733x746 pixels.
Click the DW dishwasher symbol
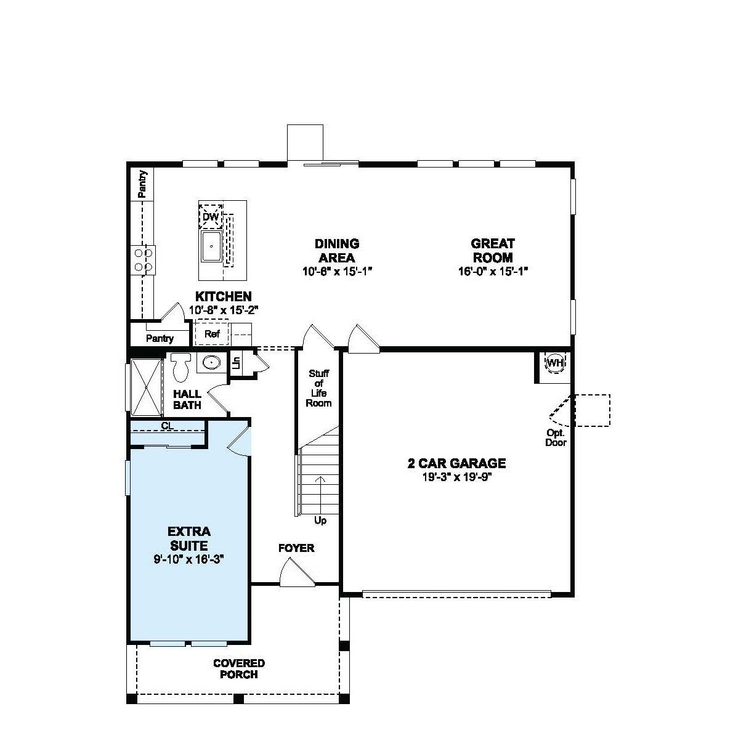coord(211,217)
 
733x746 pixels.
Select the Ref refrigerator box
coord(212,334)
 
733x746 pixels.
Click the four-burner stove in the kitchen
coord(144,259)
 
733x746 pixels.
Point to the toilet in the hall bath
coord(180,368)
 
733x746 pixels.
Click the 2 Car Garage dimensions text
coord(456,476)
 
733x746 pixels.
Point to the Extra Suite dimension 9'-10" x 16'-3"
coord(188,559)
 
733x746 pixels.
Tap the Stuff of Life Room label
coord(318,388)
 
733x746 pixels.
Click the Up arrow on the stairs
coord(320,487)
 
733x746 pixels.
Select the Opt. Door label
coord(556,437)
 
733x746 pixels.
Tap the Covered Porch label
coord(239,668)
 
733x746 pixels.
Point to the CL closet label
coord(167,426)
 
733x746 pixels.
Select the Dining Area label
coord(337,251)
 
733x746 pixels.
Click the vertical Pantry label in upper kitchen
coord(142,184)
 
